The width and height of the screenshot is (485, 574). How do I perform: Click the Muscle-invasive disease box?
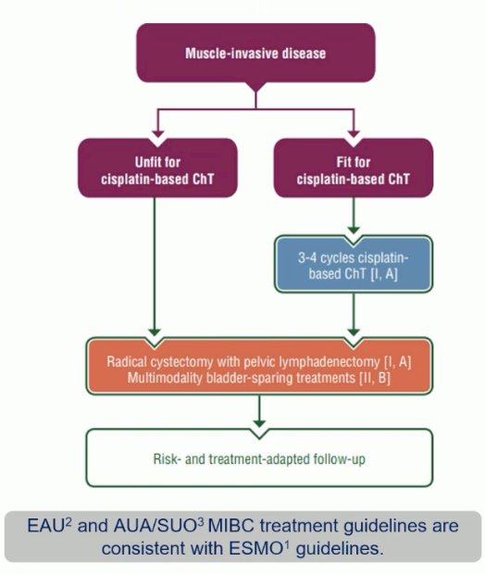click(x=255, y=53)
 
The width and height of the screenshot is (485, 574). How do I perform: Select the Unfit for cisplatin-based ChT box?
click(x=157, y=168)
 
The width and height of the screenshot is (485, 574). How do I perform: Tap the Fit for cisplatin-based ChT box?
click(x=354, y=168)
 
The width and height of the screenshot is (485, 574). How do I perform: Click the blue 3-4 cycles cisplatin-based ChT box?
click(x=354, y=264)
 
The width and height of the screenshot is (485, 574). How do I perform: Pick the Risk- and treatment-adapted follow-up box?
click(x=259, y=458)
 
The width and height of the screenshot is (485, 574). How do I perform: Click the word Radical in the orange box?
click(x=125, y=362)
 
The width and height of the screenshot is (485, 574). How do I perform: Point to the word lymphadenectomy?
click(x=330, y=362)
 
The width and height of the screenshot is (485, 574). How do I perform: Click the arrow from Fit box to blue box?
click(x=354, y=216)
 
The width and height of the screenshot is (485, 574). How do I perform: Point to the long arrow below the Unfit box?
click(x=155, y=267)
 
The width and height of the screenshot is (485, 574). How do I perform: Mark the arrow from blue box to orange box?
click(x=354, y=315)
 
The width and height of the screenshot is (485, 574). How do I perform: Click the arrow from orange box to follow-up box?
click(x=259, y=411)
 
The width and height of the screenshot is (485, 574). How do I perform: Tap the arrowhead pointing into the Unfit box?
click(x=158, y=133)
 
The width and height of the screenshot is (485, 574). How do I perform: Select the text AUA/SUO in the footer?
click(x=155, y=527)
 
